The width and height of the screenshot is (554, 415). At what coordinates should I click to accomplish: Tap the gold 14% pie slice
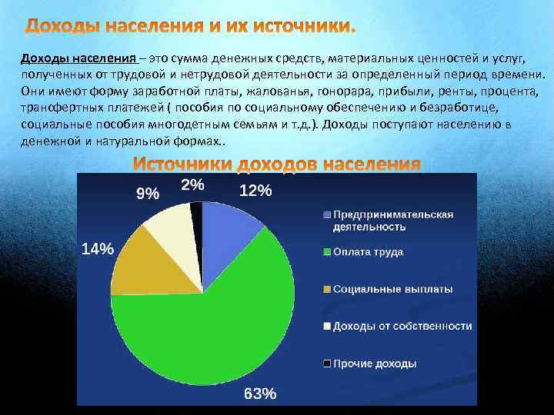[146, 266]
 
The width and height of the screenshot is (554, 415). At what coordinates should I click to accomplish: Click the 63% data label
[260, 393]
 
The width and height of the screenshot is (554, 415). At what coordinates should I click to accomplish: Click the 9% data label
[148, 194]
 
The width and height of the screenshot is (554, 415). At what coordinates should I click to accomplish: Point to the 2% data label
[192, 184]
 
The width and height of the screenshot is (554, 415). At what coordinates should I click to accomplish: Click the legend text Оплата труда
[368, 252]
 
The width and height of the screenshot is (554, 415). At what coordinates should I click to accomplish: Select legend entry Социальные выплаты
[392, 290]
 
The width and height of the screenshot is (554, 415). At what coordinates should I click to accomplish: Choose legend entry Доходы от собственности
[402, 327]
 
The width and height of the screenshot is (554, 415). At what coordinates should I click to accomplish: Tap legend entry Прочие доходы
[375, 364]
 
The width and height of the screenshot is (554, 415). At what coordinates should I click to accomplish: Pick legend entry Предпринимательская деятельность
[392, 221]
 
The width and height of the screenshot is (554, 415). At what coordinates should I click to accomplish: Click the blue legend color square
[327, 214]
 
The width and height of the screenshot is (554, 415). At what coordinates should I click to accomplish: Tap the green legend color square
[327, 252]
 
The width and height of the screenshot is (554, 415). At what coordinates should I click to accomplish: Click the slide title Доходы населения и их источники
[191, 28]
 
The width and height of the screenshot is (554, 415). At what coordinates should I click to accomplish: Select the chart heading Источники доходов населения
[277, 164]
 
